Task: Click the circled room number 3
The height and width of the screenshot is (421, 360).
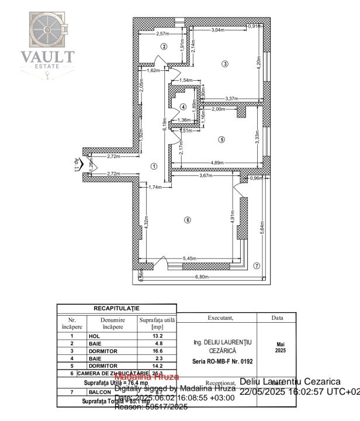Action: pos(224,63)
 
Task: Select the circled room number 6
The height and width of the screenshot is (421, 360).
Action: pos(187,220)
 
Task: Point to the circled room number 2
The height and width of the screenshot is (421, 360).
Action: pos(164,46)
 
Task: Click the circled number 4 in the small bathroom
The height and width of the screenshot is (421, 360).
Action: pos(183,107)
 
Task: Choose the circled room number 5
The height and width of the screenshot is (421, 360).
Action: pos(221,139)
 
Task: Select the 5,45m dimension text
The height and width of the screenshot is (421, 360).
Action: pos(189,258)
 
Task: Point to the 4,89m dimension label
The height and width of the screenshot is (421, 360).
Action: pos(218,163)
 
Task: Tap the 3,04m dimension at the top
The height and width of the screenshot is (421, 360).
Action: pos(217,30)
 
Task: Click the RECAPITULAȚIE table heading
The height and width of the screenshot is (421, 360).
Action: pos(116,308)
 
